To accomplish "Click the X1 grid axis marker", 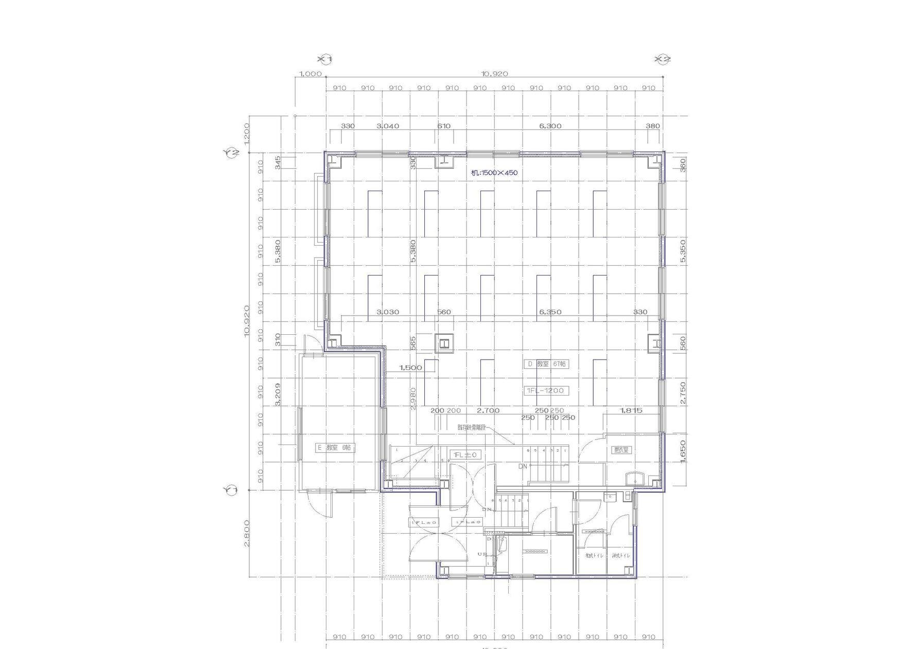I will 325,59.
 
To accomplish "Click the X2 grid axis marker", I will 663,59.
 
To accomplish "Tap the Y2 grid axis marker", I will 232,152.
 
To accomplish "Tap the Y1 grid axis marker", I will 232,490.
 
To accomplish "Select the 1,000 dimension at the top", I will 310,74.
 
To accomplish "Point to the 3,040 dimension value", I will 388,126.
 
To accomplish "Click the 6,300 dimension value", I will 550,126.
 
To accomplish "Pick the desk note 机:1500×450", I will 494,173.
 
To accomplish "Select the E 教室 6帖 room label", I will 335,448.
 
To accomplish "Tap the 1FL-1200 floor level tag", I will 546,390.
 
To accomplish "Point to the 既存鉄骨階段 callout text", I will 472,428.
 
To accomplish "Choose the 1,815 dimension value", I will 631,411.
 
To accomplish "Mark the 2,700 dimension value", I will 488,411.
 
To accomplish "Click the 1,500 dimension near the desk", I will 410,368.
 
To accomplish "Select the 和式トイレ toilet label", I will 594,556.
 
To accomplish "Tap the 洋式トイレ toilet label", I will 620,556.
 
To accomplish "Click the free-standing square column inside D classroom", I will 444,343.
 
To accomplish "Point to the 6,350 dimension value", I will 550,312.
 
